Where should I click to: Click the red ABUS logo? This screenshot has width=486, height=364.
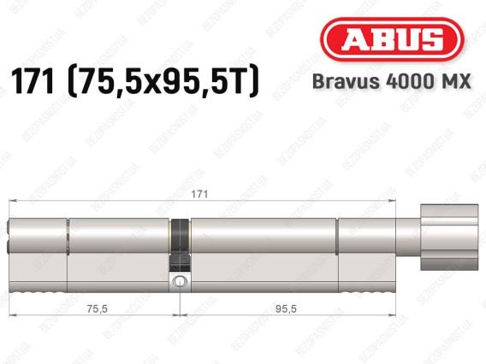pyautogui.click(x=392, y=39)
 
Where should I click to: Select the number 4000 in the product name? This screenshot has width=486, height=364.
pyautogui.click(x=408, y=81)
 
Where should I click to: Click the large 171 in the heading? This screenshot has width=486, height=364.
pyautogui.click(x=33, y=82)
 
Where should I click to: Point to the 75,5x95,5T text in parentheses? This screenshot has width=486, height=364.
pyautogui.click(x=163, y=81)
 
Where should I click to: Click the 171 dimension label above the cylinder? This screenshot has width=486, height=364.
pyautogui.click(x=199, y=194)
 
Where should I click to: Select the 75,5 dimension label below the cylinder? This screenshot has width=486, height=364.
pyautogui.click(x=97, y=308)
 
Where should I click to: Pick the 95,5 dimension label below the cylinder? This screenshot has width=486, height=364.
pyautogui.click(x=286, y=308)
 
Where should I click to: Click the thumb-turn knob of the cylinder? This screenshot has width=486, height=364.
pyautogui.click(x=449, y=237)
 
